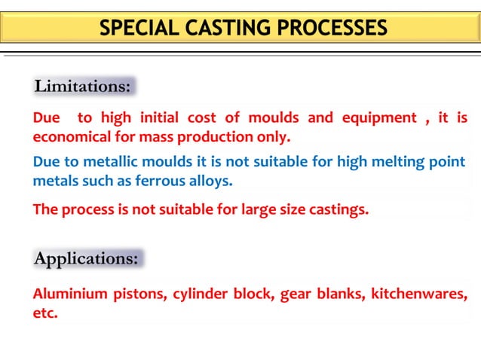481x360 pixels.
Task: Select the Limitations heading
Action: [83, 87]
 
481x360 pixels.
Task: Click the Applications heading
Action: [87, 258]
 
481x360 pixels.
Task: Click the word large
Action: [262, 209]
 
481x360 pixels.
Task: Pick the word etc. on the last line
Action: [45, 313]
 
